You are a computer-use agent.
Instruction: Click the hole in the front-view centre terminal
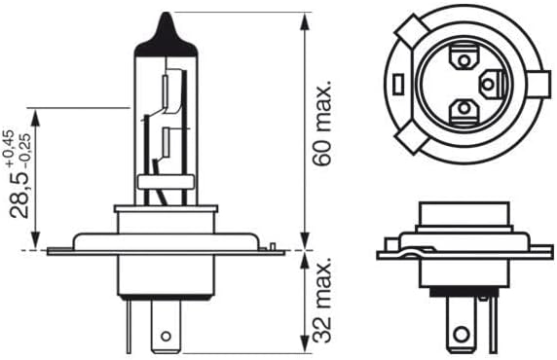click(x=165, y=336)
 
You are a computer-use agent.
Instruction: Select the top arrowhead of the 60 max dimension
click(x=305, y=18)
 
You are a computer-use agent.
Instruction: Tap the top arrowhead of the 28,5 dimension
click(x=35, y=115)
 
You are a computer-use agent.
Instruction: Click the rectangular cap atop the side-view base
click(x=456, y=211)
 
